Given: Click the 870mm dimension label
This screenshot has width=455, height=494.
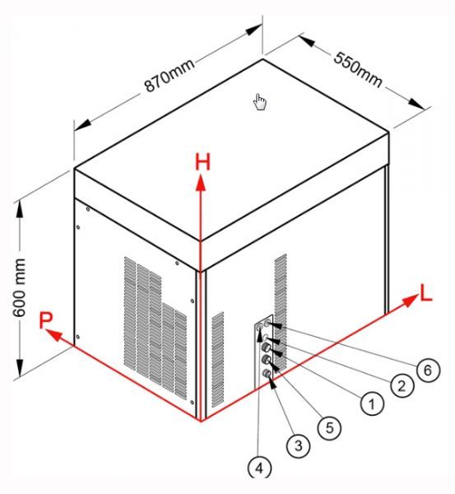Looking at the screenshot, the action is click(169, 76).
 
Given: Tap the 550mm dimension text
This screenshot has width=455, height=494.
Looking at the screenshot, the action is click(357, 70).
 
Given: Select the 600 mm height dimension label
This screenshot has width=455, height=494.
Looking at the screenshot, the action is click(19, 287).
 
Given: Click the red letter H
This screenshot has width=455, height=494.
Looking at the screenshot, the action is click(202, 162).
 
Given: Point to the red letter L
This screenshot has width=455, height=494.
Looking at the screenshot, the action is click(426, 293).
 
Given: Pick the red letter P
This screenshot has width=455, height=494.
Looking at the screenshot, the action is click(45, 320).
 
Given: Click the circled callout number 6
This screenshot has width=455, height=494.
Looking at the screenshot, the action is click(428, 370).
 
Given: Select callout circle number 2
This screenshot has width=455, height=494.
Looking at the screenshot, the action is click(402, 386).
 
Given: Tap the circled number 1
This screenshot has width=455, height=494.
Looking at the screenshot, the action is click(372, 403).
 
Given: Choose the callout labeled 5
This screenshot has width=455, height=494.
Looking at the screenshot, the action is click(329, 427).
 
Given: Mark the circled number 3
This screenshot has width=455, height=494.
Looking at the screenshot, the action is click(298, 445).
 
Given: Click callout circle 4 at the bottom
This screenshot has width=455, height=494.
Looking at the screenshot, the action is click(259, 468).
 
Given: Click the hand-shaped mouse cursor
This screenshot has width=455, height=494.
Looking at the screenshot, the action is click(260, 102).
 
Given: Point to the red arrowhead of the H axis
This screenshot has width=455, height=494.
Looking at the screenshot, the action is click(201, 184).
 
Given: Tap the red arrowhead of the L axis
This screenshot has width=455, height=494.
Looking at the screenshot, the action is click(410, 301).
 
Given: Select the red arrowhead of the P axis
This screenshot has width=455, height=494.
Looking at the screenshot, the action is click(53, 335).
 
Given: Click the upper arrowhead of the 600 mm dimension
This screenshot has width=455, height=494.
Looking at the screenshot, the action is click(20, 208).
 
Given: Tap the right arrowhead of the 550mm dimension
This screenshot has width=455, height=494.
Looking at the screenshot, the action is click(416, 104).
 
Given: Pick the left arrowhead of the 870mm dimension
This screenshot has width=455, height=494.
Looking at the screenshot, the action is click(82, 125).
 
